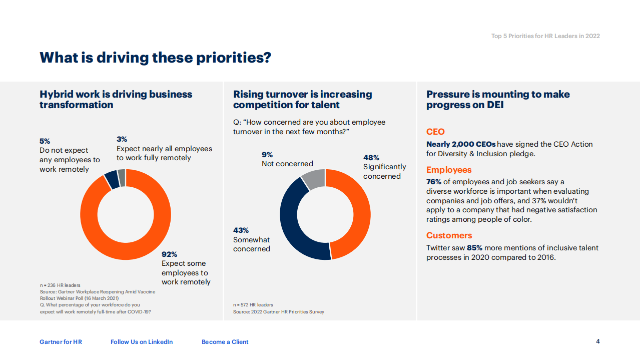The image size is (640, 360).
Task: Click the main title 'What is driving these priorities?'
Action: (155, 58)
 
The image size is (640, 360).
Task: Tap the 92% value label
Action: (169, 254)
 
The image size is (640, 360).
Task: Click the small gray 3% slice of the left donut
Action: (122, 178)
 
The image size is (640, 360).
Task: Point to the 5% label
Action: (45, 141)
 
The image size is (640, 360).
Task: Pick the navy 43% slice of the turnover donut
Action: (289, 220)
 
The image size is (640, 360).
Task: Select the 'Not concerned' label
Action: (287, 164)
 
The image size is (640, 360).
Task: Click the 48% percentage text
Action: (371, 158)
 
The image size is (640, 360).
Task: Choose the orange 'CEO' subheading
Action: (435, 132)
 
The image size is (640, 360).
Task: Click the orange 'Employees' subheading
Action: (449, 170)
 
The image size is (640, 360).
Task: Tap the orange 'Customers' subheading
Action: (449, 235)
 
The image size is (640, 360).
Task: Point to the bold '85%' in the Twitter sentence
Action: (474, 248)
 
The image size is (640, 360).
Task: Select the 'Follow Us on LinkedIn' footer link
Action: (142, 342)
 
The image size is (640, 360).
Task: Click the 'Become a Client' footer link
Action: (225, 342)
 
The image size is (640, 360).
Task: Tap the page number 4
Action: (597, 341)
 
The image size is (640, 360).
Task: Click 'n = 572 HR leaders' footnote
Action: (253, 304)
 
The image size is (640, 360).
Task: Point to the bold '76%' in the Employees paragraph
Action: (433, 182)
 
